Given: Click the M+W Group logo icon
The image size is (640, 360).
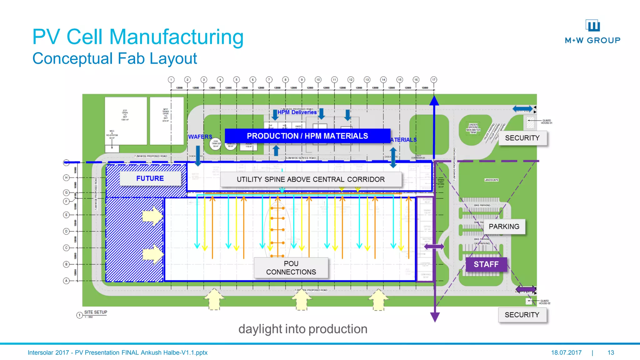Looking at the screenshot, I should point(593,26).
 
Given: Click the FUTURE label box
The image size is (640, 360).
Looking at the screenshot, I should point(150,178).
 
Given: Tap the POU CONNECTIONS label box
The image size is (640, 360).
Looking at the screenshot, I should point(291,268).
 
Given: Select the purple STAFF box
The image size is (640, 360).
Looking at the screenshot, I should point(486,264).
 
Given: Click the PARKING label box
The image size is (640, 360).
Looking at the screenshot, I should point(504,227).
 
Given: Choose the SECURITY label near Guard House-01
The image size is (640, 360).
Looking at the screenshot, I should point(522,138).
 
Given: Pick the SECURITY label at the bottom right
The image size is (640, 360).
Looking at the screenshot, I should point(522,315).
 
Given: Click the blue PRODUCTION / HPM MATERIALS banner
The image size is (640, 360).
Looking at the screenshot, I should point(307,136).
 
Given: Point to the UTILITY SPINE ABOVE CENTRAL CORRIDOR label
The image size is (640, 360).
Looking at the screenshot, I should point(311,179).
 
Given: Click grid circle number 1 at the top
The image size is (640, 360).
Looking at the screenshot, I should point(171,80).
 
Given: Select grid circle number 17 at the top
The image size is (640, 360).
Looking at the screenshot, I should point(433,80).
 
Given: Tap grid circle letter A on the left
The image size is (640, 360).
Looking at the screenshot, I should point(66,281).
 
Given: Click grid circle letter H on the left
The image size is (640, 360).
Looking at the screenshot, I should point(66,177).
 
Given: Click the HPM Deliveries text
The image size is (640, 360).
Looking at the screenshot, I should point(297,112).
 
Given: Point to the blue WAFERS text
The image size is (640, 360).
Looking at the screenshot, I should point(200,137).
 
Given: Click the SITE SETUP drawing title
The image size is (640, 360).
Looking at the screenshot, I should point(95,312).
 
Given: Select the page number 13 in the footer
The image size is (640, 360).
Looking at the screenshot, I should point(611,352).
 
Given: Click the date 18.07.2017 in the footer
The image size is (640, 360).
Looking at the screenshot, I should point(566,352).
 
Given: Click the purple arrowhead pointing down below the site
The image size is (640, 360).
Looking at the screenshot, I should point(435,317).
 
